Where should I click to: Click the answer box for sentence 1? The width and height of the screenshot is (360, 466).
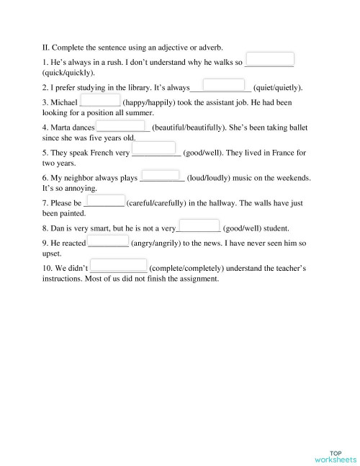270,59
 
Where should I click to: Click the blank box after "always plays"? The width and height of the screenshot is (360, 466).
160,174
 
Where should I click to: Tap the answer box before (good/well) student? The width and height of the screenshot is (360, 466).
199,225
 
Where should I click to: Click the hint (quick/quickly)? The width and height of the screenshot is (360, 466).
68,73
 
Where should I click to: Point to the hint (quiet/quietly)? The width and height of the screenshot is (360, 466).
279,88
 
